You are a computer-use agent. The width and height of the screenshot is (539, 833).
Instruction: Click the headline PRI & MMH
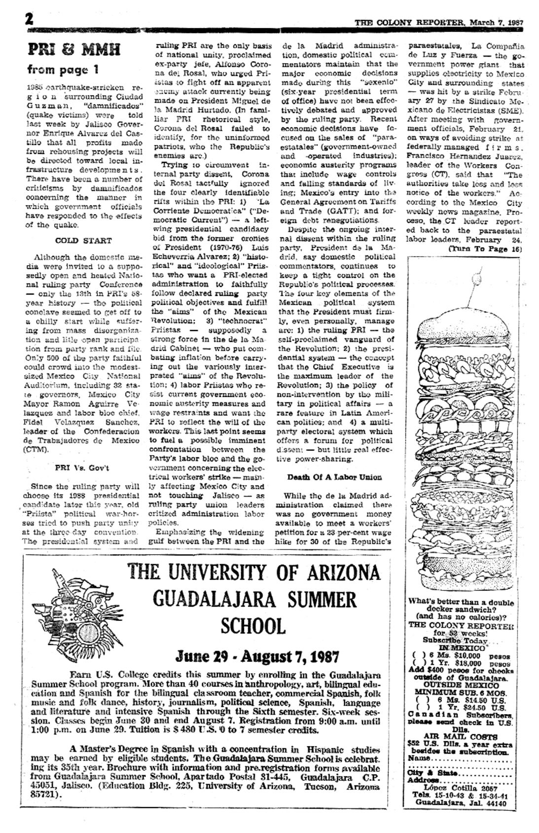[74, 50]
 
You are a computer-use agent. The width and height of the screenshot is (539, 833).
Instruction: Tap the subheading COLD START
[83, 241]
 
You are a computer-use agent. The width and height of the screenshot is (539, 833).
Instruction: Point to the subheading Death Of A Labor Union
[334, 477]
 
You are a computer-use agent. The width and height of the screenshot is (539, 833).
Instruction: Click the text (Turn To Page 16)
[485, 249]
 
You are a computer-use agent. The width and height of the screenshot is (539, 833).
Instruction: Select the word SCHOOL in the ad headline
[253, 626]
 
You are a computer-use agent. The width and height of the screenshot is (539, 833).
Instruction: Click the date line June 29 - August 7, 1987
[257, 657]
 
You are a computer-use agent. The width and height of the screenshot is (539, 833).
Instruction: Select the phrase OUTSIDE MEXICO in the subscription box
[461, 686]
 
